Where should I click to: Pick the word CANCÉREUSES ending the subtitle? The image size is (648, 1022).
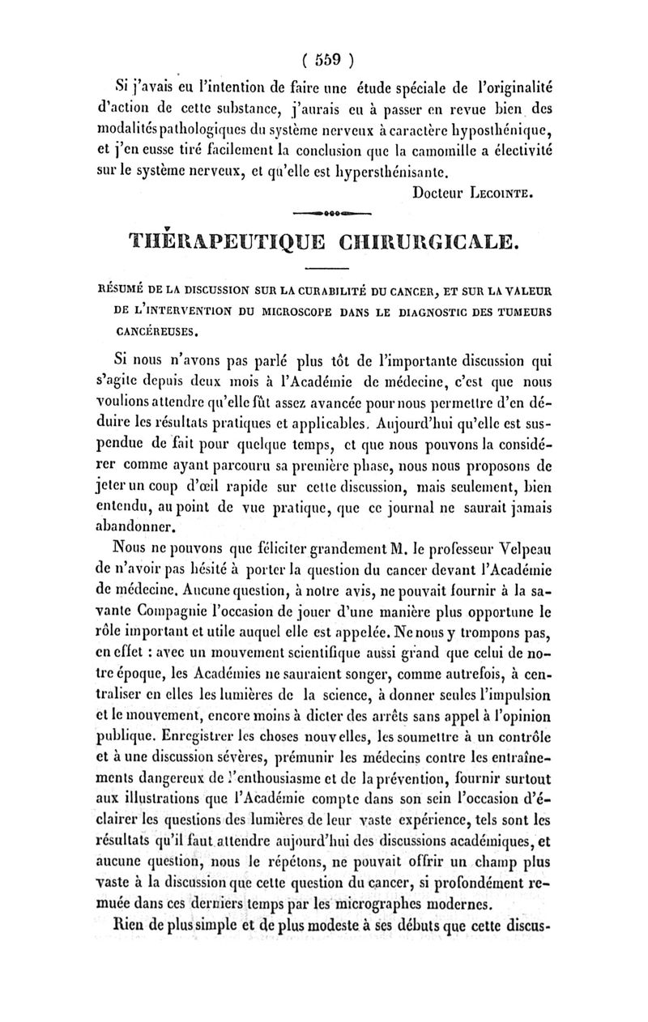(x=156, y=330)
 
